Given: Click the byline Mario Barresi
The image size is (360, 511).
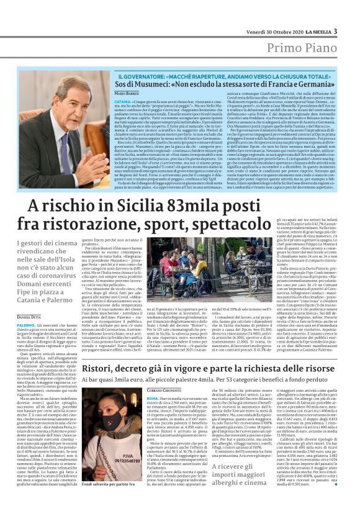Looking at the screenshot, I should [127, 93].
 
